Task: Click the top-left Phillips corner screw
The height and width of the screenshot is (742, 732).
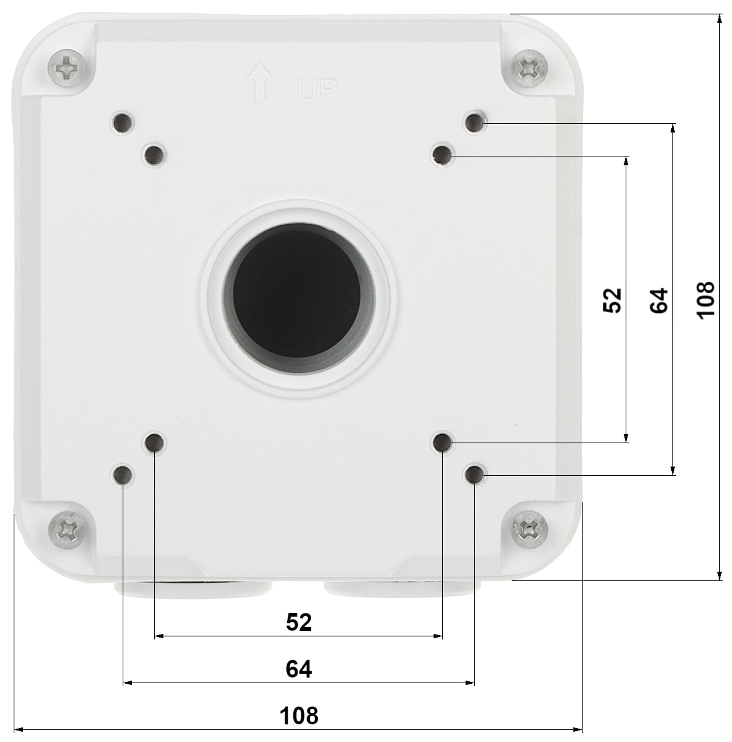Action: [67, 68]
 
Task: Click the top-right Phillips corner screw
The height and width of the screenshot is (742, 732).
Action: [527, 69]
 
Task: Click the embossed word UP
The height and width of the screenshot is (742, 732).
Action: [318, 90]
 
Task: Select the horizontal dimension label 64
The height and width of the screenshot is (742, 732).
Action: [299, 669]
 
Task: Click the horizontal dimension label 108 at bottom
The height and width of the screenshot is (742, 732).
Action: [299, 715]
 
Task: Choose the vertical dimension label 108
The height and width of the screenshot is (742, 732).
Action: [705, 300]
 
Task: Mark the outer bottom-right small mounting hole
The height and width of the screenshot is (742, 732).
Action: [474, 475]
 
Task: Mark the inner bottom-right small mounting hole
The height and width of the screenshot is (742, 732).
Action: [442, 442]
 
